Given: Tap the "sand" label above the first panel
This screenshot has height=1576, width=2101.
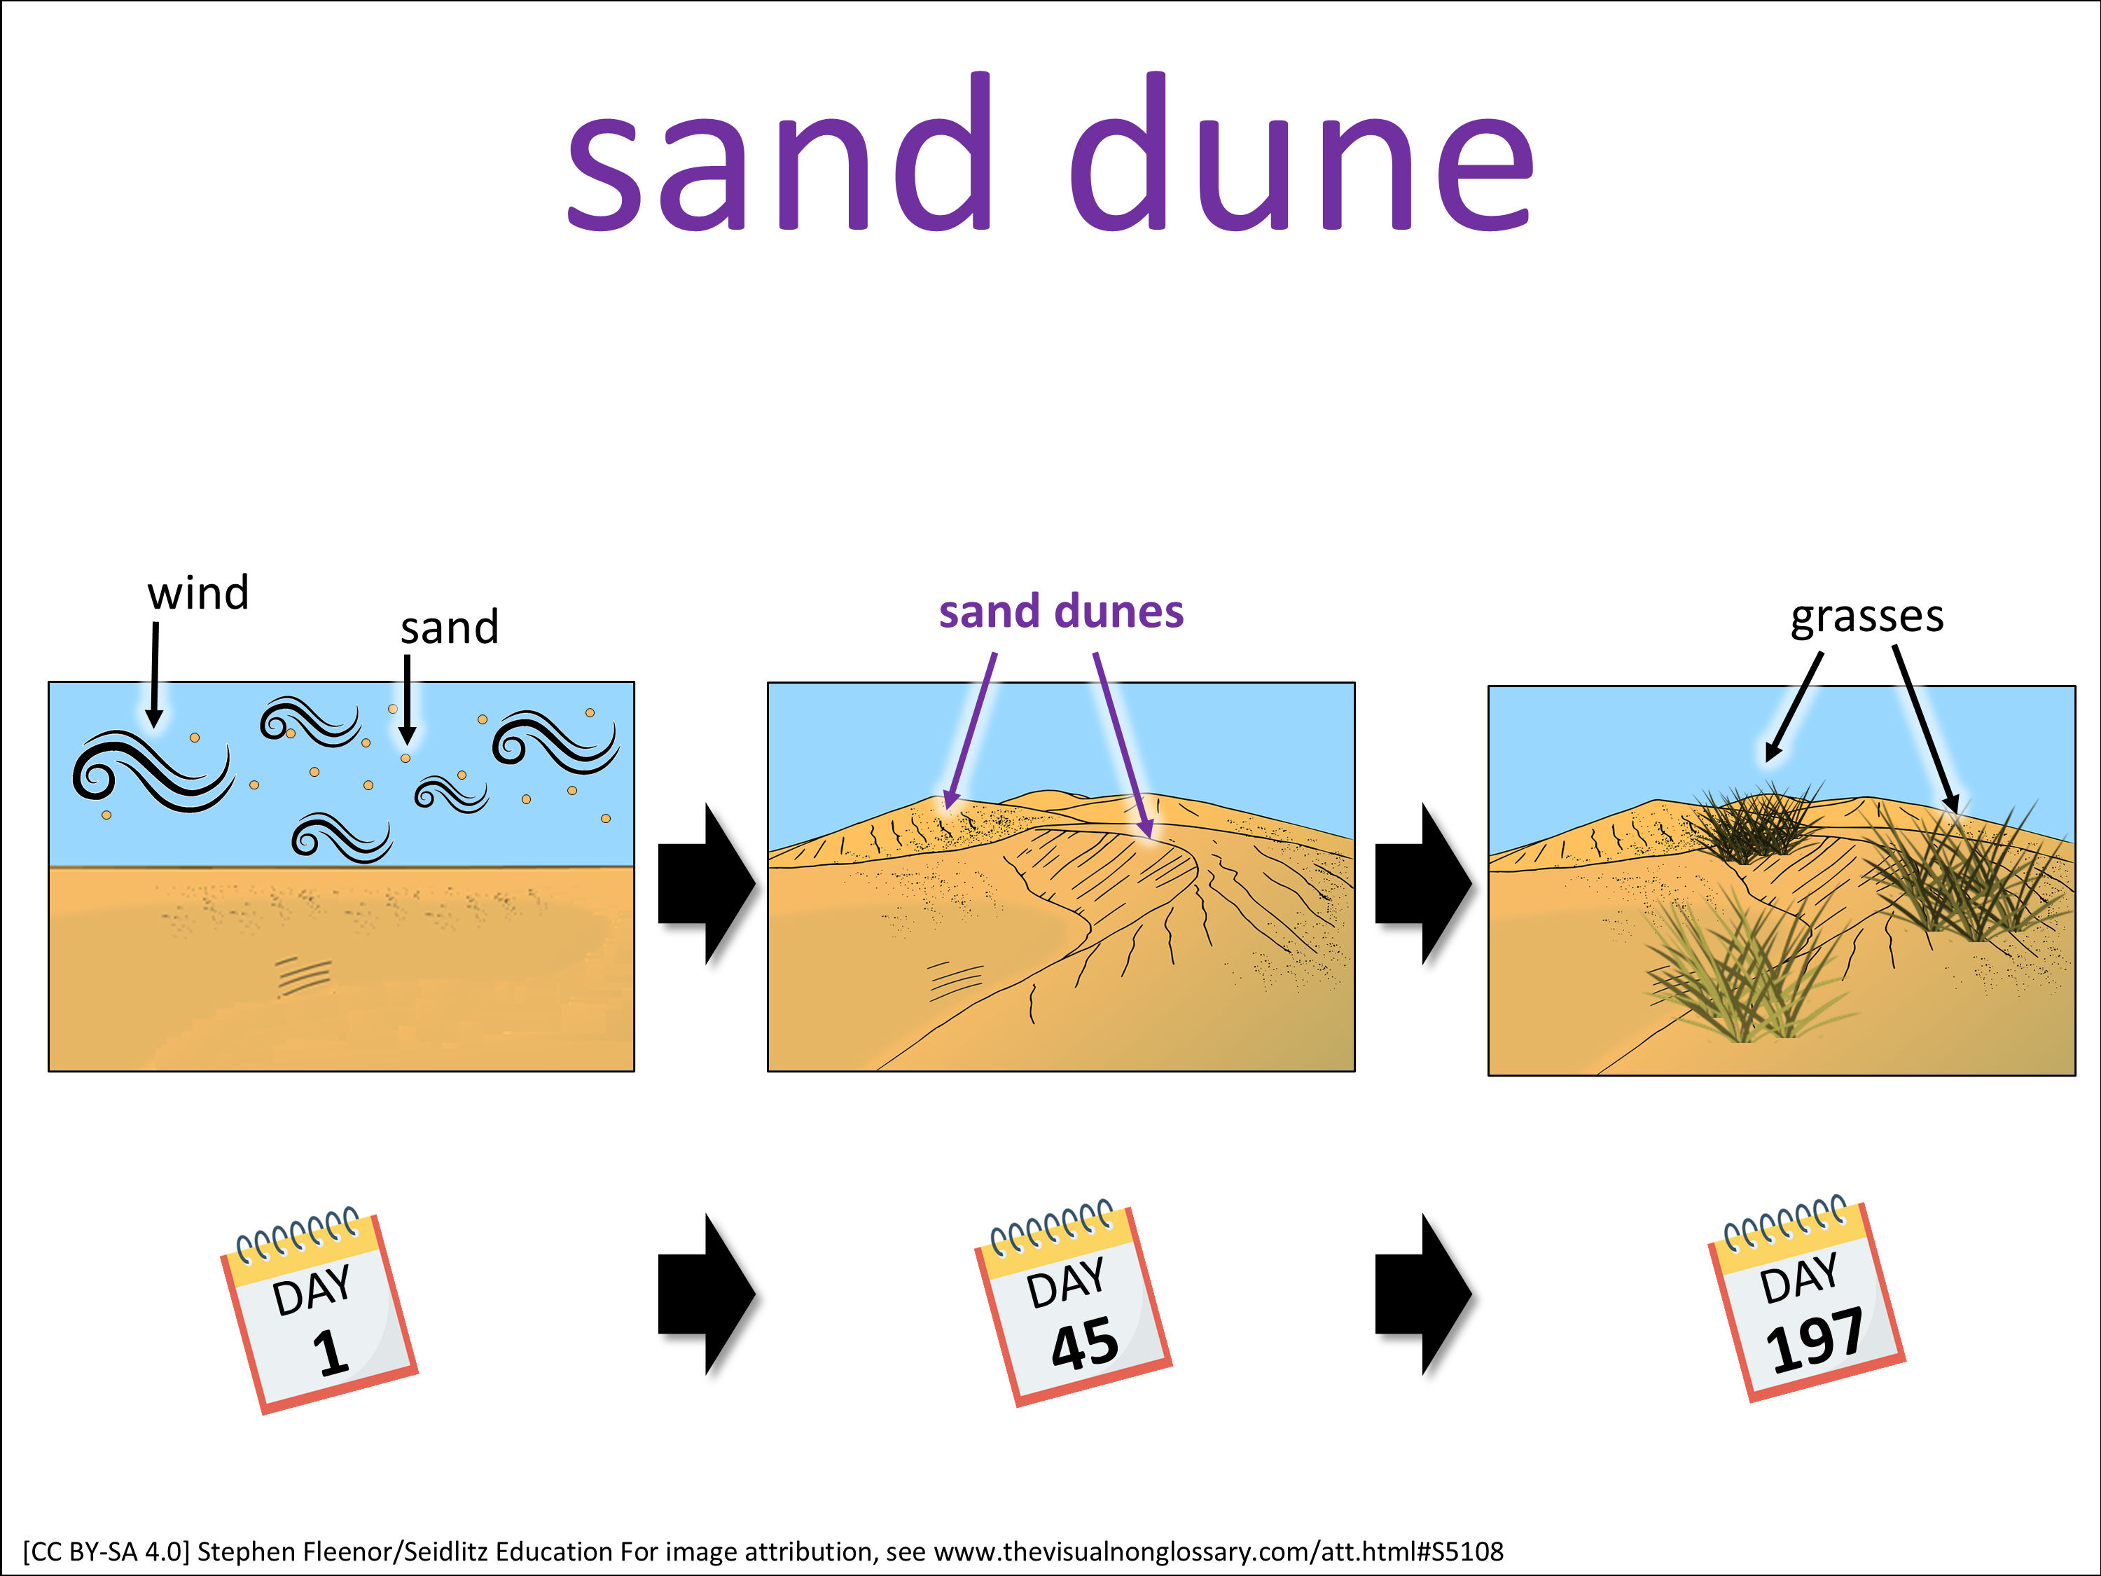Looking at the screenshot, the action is [450, 628].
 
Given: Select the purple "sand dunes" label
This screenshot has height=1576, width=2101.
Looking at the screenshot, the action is [1061, 611].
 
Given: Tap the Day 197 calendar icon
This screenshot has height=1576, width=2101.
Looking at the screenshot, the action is [1807, 1299].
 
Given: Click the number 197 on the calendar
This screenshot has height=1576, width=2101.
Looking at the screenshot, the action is [1814, 1339].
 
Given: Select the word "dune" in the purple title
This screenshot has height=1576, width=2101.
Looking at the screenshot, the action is [1301, 152].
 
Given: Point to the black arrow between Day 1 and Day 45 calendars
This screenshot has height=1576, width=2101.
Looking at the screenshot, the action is [707, 1294].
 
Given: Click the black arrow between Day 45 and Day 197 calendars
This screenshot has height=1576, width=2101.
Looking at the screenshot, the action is [1424, 1294].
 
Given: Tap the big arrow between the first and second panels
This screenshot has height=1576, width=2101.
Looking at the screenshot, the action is [707, 883].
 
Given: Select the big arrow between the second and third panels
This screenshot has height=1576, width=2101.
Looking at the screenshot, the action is [1424, 883].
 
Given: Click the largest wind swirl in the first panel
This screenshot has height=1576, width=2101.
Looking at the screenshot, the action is [152, 771].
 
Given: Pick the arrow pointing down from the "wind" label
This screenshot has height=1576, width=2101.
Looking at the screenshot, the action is [155, 675].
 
